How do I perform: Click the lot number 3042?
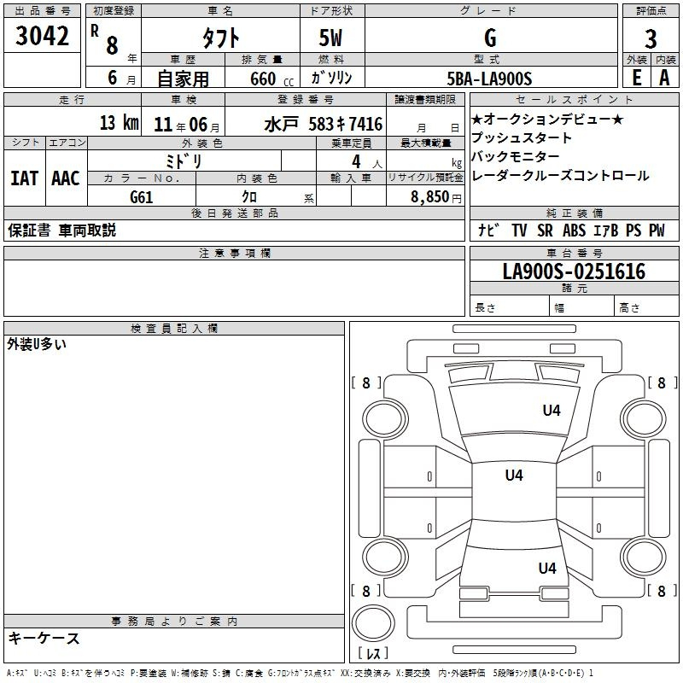point(42,35)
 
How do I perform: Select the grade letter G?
point(490,38)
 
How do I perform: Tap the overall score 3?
point(651,38)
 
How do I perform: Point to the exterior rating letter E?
point(637,78)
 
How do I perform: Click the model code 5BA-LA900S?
point(489,79)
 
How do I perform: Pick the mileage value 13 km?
point(120,122)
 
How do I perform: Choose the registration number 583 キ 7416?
point(346,124)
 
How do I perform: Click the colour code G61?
point(142,197)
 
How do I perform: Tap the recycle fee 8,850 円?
point(436,197)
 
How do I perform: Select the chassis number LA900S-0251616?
point(574,271)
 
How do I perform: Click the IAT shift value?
point(25,178)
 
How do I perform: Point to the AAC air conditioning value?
point(66,178)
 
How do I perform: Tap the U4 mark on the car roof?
point(514,475)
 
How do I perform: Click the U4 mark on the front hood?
point(552,410)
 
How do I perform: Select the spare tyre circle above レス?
point(373,623)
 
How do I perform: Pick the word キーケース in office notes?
point(44,638)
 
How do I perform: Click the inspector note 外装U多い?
point(37,344)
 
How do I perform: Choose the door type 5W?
point(330,38)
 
